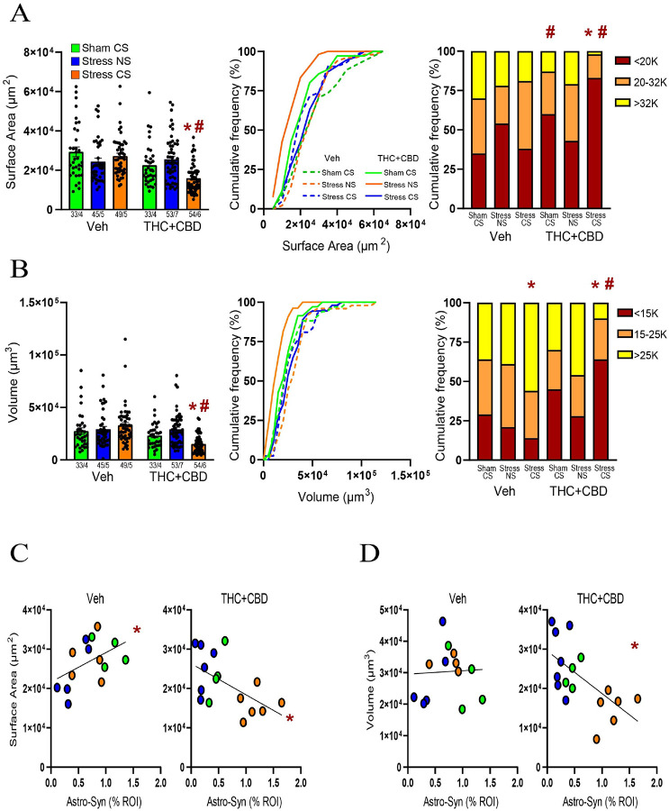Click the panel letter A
[20, 15]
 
